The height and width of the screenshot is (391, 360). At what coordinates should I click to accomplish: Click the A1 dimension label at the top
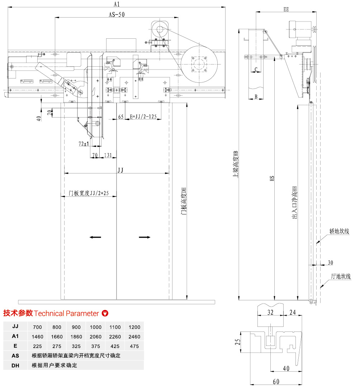tap(116, 4)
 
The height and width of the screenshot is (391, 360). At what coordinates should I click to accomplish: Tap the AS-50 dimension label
tap(117, 15)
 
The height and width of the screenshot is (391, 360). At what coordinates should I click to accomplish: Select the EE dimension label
tap(286, 9)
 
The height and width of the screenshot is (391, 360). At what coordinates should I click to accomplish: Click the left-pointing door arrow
tap(95, 237)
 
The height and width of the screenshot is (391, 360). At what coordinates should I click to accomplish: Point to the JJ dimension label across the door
tap(120, 171)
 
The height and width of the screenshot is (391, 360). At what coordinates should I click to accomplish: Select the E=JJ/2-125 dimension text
tap(143, 116)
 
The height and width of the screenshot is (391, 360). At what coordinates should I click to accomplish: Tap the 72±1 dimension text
tap(84, 143)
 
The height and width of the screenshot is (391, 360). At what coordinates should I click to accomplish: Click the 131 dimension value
tap(108, 155)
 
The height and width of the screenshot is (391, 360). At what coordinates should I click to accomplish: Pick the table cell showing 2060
tap(95, 337)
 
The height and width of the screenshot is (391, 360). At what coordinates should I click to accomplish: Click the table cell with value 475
tap(134, 346)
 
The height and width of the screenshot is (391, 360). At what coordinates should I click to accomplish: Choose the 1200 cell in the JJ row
tap(134, 327)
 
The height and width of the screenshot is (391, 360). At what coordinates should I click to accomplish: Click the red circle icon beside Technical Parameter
tap(105, 313)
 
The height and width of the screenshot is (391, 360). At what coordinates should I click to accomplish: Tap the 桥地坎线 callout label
tap(339, 232)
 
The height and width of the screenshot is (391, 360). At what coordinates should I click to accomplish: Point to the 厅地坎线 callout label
tap(340, 276)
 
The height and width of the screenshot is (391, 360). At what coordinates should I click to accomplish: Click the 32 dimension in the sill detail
tap(270, 313)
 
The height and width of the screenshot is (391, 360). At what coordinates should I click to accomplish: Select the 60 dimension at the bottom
tap(276, 382)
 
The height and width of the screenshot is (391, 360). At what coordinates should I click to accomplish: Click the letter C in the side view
tap(256, 69)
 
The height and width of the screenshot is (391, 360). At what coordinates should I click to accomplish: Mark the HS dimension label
tap(272, 178)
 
